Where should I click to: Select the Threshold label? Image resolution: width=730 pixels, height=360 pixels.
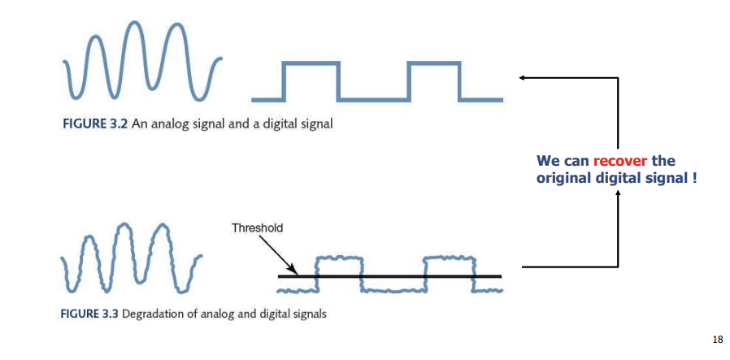click(x=257, y=228)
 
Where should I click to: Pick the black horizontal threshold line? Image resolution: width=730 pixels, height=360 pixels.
click(x=390, y=276)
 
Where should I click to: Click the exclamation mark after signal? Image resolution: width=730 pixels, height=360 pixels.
click(x=695, y=177)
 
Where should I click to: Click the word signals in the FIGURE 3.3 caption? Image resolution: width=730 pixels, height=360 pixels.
click(x=308, y=314)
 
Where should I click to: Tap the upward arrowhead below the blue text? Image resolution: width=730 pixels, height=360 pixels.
click(x=618, y=193)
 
